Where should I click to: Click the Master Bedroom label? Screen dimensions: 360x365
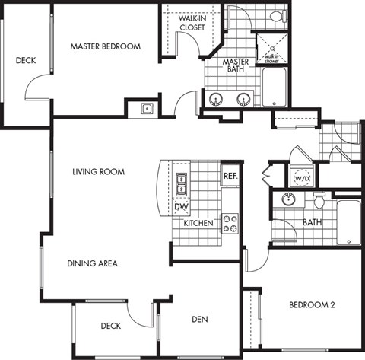point(106,46)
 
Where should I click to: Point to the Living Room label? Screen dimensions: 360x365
point(99,172)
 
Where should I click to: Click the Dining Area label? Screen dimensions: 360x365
point(92,263)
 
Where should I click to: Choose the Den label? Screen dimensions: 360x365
point(200,319)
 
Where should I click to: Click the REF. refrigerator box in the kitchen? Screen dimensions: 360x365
point(230,176)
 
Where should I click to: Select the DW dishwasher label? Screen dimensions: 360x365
point(181,207)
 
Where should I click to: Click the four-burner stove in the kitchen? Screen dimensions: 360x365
point(230,223)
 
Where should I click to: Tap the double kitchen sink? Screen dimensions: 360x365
point(182,183)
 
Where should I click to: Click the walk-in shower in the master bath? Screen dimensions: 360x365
point(269,48)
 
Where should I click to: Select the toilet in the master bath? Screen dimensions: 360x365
point(276,16)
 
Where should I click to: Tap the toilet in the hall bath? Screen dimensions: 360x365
point(319,201)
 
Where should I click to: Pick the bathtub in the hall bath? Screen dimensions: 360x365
point(348,221)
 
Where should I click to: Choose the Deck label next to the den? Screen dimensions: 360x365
point(111,327)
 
